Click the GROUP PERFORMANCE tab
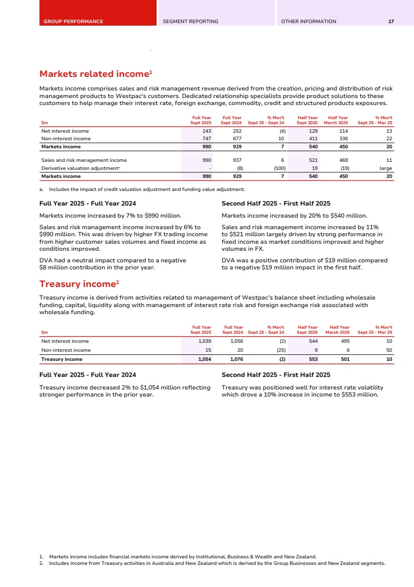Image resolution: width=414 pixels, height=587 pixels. click(73, 22)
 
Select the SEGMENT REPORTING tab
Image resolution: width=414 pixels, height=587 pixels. click(191, 22)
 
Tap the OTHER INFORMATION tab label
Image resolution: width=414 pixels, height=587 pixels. click(309, 22)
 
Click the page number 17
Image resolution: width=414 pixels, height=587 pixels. click(391, 22)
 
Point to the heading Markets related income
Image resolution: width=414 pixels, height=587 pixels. click(95, 74)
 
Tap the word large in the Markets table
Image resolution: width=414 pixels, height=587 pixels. click(386, 168)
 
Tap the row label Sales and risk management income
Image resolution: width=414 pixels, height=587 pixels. click(84, 160)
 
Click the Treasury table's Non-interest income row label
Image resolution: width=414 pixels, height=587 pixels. click(66, 350)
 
